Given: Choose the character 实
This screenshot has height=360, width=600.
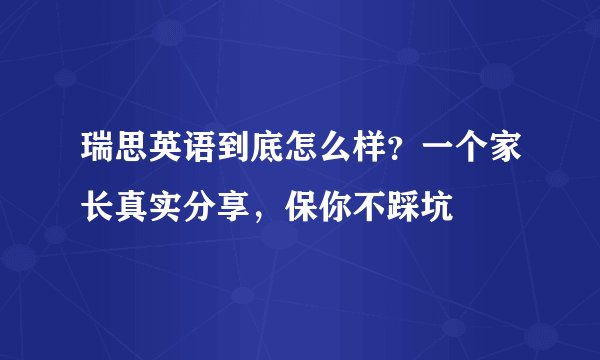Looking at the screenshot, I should pos(167,209).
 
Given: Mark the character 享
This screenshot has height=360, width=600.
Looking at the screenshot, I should pos(233,209).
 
